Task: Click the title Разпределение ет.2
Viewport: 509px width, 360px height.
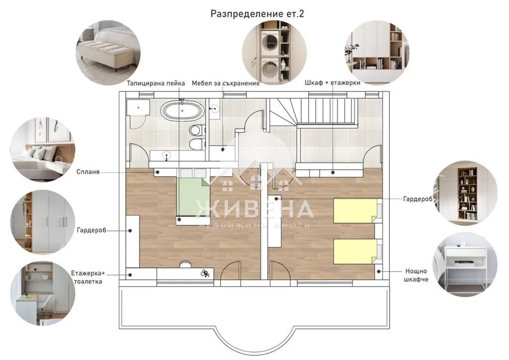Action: pyautogui.click(x=257, y=13)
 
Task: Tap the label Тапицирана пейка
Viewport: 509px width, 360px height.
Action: pyautogui.click(x=156, y=83)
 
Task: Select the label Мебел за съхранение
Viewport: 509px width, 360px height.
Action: pyautogui.click(x=226, y=83)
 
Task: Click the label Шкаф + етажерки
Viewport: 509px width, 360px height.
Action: pyautogui.click(x=333, y=83)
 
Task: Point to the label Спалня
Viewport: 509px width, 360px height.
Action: pyautogui.click(x=88, y=172)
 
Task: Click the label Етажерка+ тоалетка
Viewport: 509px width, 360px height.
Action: pyautogui.click(x=88, y=277)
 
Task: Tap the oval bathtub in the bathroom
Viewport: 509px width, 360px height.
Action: pyautogui.click(x=182, y=110)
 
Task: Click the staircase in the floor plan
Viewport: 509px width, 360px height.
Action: pyautogui.click(x=313, y=112)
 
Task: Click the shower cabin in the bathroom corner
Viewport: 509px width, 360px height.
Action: pyautogui.click(x=138, y=109)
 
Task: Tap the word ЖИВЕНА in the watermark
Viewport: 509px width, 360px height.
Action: pyautogui.click(x=254, y=209)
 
